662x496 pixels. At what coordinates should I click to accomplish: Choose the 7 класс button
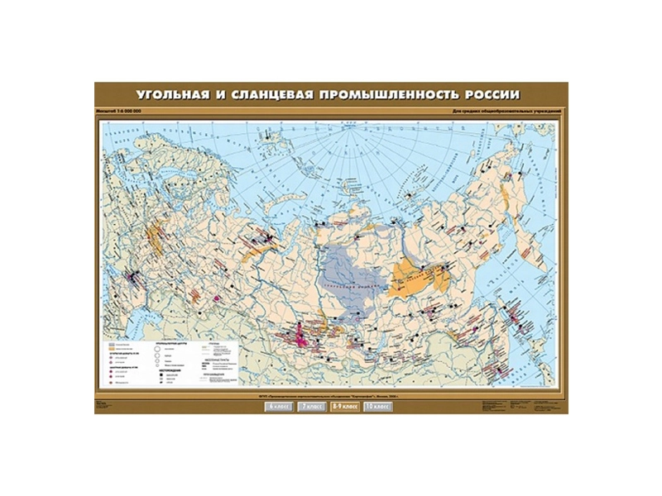pos(314,407)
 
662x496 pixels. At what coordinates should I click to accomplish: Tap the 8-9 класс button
pos(346,407)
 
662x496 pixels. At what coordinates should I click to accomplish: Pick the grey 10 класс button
pos(377,407)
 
